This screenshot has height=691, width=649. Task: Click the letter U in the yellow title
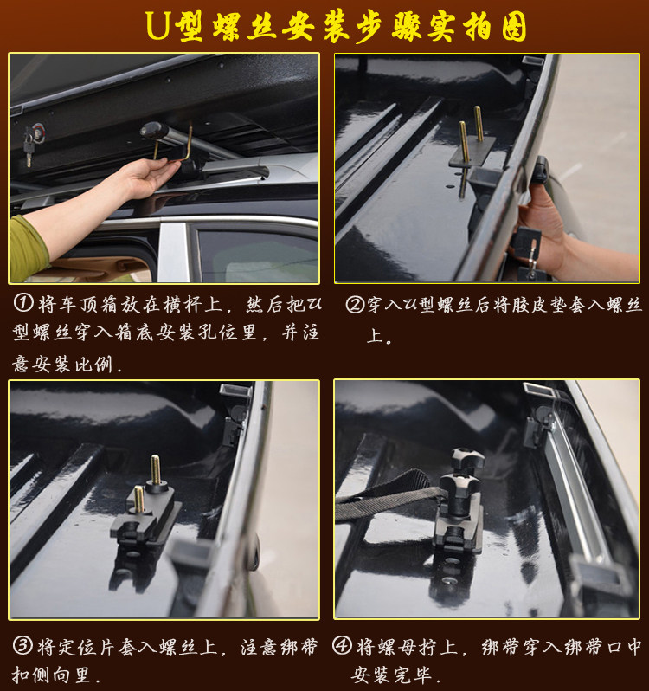tap(157, 26)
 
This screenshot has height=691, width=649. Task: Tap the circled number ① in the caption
tap(23, 303)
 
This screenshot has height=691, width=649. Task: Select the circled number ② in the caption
tap(355, 304)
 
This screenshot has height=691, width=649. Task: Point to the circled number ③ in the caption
tap(22, 646)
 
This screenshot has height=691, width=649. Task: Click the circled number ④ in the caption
tap(342, 646)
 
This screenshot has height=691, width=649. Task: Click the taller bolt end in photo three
tap(156, 470)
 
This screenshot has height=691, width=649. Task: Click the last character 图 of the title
tap(514, 27)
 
